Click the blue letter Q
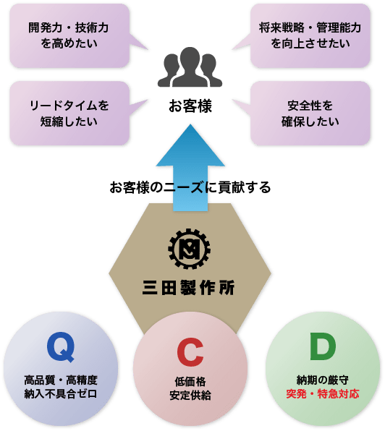[61, 347]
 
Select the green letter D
[323, 346]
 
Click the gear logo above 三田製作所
[189, 249]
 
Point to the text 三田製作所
[189, 288]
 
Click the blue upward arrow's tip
[190, 124]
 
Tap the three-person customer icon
[190, 67]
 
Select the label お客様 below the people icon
[190, 106]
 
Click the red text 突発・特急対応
[323, 393]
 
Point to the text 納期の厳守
[323, 380]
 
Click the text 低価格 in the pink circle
[190, 382]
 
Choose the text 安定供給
[190, 396]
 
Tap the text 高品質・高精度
[61, 380]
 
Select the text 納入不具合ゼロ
[61, 393]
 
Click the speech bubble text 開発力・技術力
[69, 27]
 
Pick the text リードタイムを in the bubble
[69, 106]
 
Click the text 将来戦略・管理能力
[310, 27]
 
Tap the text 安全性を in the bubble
[310, 106]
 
